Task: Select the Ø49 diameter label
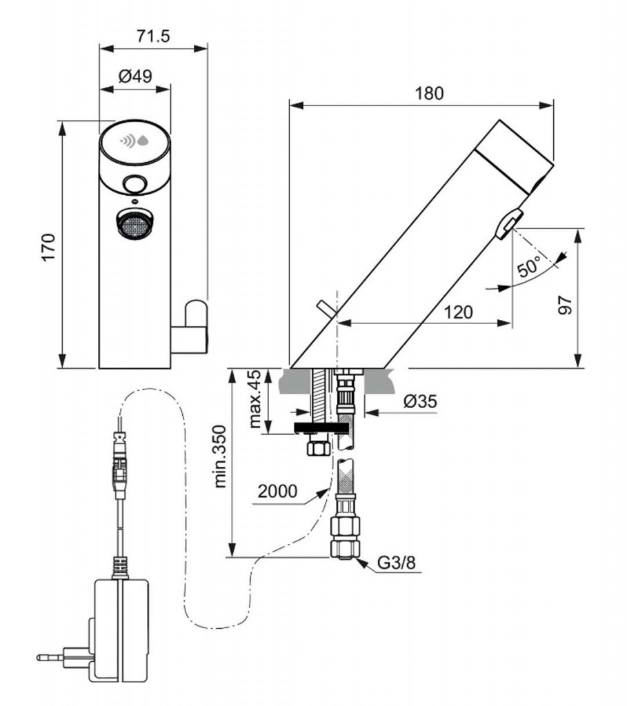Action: click(135, 77)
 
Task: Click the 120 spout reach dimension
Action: click(458, 312)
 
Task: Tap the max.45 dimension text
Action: click(256, 400)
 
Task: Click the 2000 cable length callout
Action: click(278, 492)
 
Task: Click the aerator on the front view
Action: click(133, 224)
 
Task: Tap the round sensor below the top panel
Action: click(134, 185)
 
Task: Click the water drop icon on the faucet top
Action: click(143, 141)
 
